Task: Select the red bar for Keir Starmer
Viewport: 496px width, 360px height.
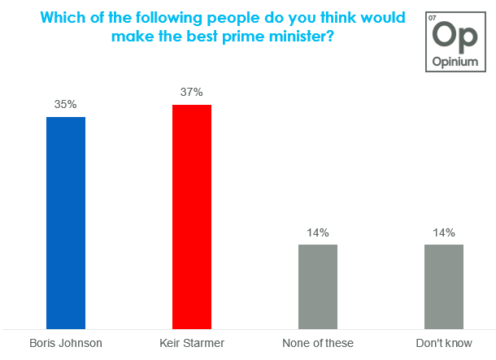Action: pos(192,215)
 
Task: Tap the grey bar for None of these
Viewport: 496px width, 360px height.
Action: pos(318,285)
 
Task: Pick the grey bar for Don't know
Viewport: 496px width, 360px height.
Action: pos(444,285)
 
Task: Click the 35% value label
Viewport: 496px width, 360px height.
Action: pos(66,104)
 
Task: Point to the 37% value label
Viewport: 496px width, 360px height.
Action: pos(192,92)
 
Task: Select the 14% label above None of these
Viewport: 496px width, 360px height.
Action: pos(318,232)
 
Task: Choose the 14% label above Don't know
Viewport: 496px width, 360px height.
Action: pos(444,232)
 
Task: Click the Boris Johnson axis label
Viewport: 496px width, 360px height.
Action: pos(66,343)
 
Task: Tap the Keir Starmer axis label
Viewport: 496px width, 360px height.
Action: pos(192,343)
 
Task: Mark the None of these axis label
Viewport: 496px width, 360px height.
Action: pos(318,343)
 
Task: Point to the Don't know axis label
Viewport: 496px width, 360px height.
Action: pos(444,343)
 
